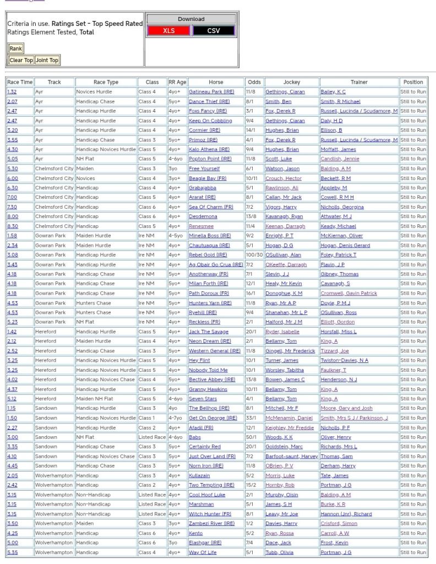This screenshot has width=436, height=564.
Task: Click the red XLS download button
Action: pos(168,31)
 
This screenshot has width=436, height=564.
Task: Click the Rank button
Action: pos(15,48)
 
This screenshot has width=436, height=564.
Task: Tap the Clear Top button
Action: pos(21,60)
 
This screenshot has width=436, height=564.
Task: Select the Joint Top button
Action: pos(47,60)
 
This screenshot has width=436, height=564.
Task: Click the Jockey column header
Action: pos(291,82)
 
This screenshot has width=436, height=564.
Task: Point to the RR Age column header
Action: pos(177,82)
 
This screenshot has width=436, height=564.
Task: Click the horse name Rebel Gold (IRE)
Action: pos(208,255)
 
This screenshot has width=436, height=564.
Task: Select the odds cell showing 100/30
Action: pos(254,255)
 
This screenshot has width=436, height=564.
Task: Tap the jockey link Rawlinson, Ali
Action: pos(282,188)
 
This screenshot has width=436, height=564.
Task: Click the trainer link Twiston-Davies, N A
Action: pos(345,360)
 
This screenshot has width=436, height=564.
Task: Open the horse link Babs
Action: pos(195,437)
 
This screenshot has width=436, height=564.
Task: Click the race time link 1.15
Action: pos(12,408)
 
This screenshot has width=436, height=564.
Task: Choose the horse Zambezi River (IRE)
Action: pos(212,524)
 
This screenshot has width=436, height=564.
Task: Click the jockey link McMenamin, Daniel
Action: pos(288,418)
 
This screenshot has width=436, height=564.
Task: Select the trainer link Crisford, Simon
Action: pos(339,524)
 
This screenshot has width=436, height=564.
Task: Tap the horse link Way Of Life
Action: pos(203,552)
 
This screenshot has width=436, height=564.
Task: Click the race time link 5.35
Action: pos(12,552)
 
